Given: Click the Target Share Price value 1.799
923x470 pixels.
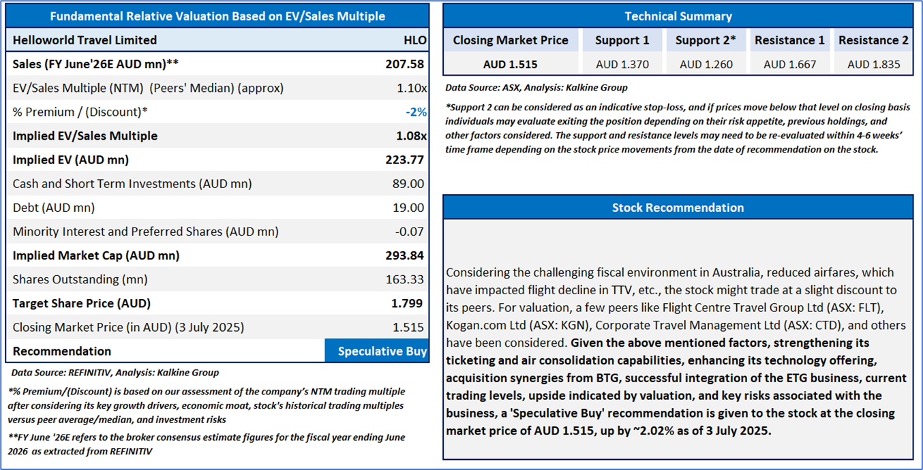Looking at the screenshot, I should [408, 303].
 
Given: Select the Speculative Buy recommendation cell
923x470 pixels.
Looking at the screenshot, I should [377, 351].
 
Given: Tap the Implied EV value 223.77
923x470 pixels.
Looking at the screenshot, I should [405, 160].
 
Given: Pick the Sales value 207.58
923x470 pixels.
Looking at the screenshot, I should [405, 64].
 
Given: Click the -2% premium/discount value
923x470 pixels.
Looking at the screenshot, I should [415, 112].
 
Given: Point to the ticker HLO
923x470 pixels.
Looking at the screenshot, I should [414, 40].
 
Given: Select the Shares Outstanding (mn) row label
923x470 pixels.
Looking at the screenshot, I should [80, 279].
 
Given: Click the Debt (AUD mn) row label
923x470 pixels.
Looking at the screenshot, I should [53, 208].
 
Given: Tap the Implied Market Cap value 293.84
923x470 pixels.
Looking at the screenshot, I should [405, 255].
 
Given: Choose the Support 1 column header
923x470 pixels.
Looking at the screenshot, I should [622, 40].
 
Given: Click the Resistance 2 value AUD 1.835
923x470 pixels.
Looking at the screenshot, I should [873, 65].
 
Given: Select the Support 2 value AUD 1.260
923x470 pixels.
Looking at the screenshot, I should [706, 65].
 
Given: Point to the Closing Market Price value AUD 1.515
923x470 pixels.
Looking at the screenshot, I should [510, 65].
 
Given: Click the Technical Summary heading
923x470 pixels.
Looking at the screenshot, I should [678, 16].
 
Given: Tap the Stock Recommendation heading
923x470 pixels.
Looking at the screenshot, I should [678, 208].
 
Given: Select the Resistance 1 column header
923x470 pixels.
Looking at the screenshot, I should [789, 40].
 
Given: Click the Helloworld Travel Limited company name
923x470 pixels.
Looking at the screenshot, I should [85, 40].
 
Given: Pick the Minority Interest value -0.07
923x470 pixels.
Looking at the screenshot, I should [409, 232].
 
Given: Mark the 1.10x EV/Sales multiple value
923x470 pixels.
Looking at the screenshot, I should [412, 88].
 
